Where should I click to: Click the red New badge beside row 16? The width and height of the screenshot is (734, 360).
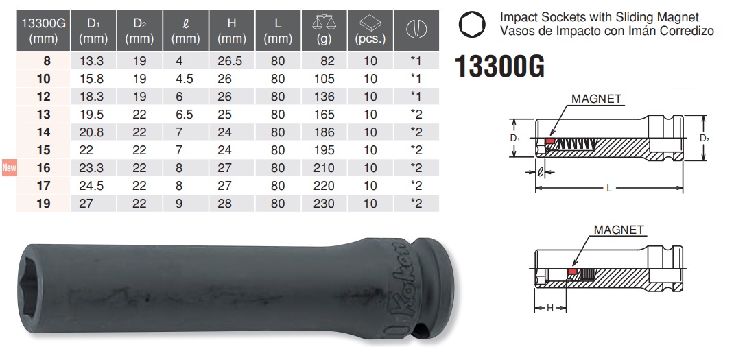(x=9, y=167)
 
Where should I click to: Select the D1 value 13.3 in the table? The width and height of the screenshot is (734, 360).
(x=91, y=61)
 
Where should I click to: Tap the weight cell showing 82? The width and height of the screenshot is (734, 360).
(x=328, y=61)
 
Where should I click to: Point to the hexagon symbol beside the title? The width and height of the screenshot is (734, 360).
(x=472, y=25)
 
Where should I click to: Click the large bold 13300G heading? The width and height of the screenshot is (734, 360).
(x=500, y=67)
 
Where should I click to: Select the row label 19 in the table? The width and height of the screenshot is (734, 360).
(x=43, y=204)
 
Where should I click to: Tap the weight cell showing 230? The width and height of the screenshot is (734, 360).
(x=324, y=204)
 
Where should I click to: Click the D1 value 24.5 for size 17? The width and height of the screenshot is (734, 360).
(x=91, y=186)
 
